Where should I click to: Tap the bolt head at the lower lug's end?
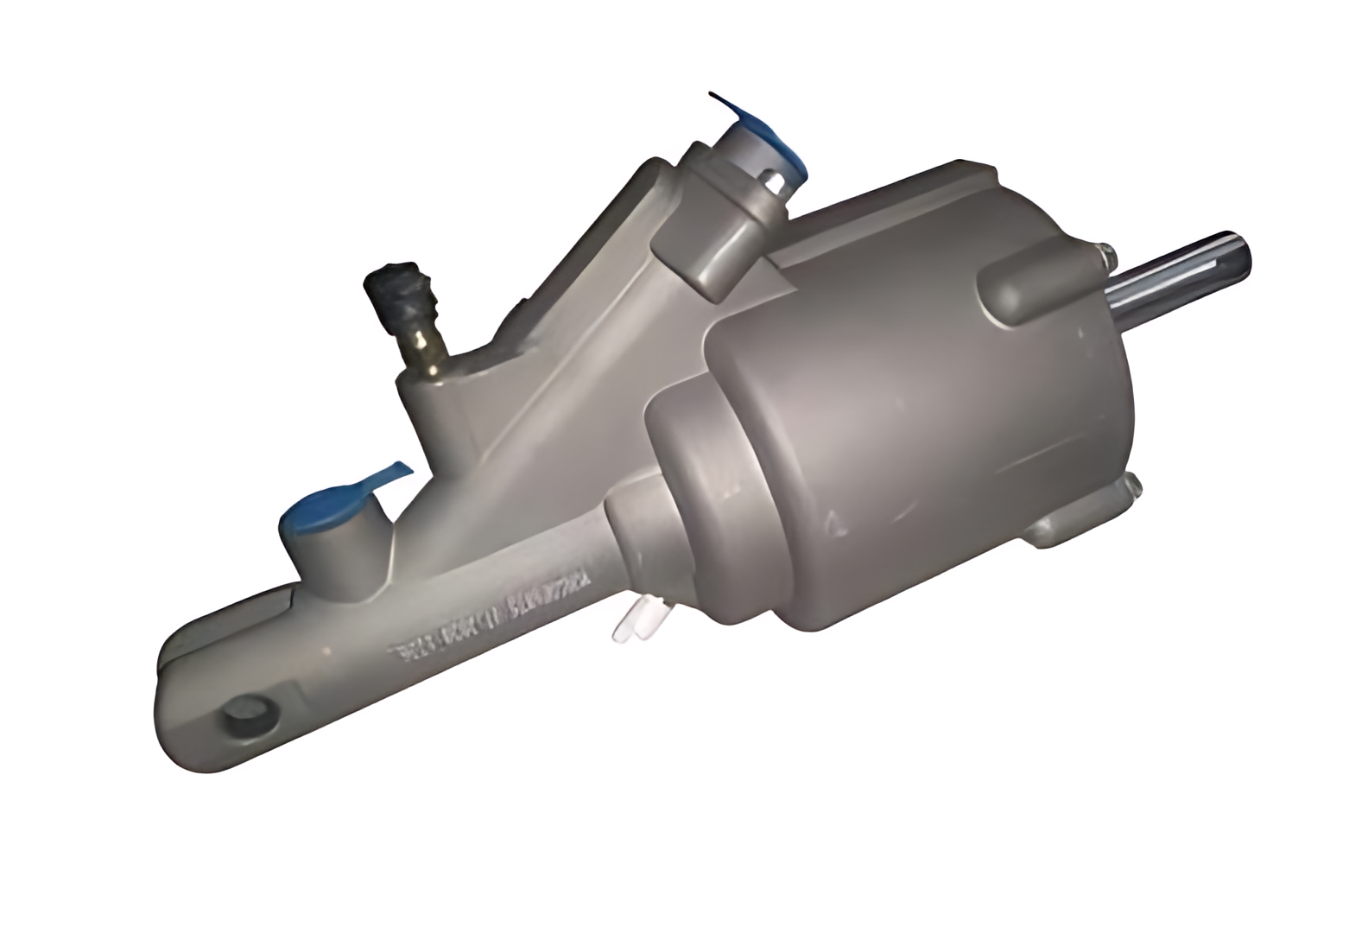[x=1133, y=486]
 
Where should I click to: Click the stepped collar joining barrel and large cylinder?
[x=682, y=484]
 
